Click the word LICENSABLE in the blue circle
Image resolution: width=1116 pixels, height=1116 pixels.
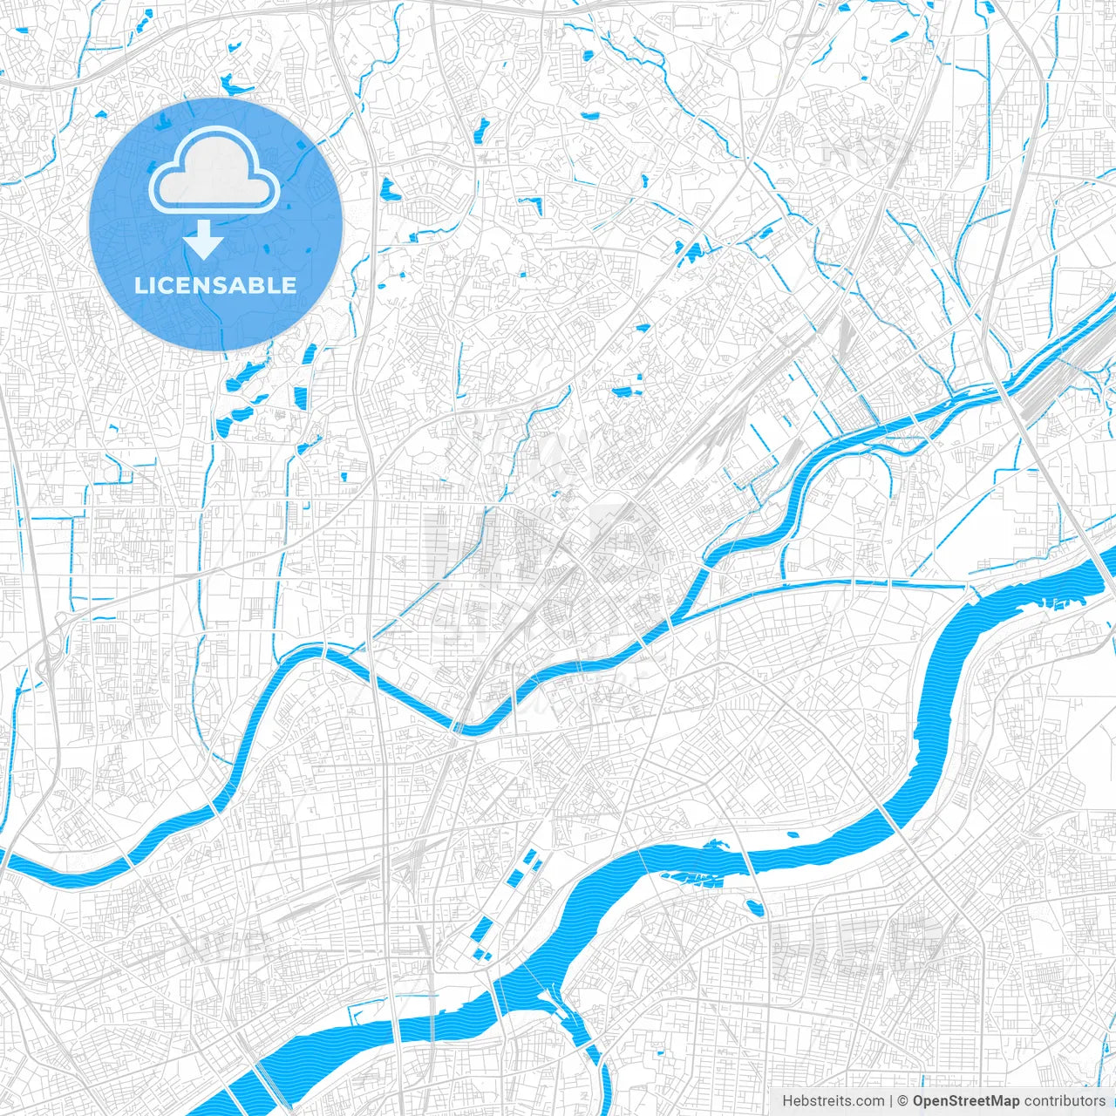click(215, 285)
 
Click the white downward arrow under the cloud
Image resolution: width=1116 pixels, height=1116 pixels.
click(203, 240)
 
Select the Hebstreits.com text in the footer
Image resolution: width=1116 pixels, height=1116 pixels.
click(833, 1101)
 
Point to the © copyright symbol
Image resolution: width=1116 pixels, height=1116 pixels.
click(903, 1101)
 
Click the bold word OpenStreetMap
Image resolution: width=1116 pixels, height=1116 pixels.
click(966, 1101)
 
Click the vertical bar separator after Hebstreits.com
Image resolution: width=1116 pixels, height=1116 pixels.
click(891, 1101)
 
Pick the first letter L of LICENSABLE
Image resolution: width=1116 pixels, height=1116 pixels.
click(139, 285)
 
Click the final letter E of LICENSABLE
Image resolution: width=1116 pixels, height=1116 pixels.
click(289, 285)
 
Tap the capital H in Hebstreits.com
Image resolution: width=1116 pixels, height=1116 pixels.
click(787, 1101)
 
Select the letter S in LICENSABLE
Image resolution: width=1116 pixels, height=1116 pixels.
click(215, 285)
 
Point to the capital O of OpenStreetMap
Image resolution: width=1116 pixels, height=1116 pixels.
click(919, 1101)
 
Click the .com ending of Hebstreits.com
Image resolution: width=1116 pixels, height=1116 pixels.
click(869, 1101)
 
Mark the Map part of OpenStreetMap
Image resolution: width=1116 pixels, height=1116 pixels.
click(1004, 1101)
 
